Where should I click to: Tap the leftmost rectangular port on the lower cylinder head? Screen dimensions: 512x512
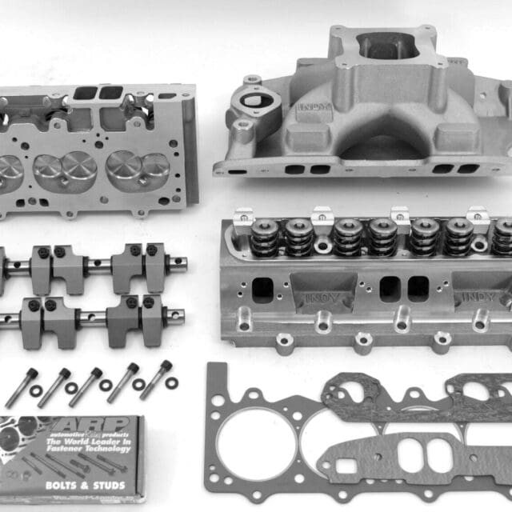(x=262, y=290)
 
